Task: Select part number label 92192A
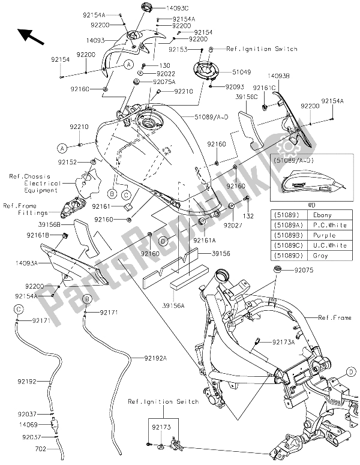click(x=155, y=358)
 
